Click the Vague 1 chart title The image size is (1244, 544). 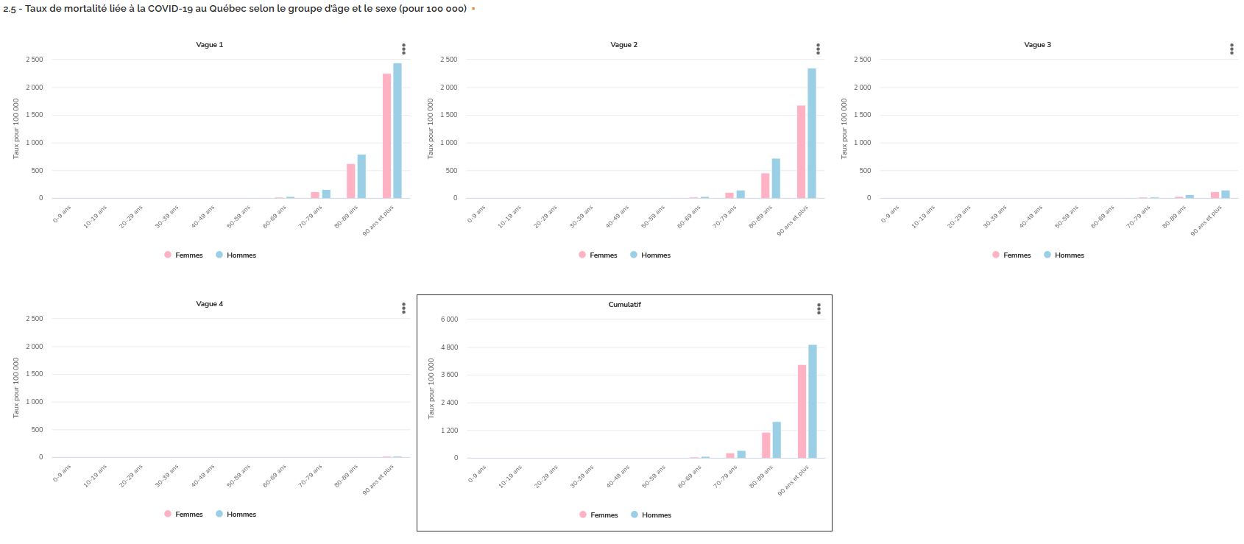(209, 45)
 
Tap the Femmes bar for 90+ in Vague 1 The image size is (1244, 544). (386, 135)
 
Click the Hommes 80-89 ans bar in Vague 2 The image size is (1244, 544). (776, 178)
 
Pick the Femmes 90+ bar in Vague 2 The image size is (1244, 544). (801, 152)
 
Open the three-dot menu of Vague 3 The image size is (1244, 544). (1231, 49)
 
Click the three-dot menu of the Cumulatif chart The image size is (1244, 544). (819, 309)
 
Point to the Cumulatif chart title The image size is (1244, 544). (624, 305)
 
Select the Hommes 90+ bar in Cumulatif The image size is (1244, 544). (813, 401)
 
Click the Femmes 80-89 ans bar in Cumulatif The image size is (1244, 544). (766, 445)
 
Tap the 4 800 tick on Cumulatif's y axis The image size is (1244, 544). (448, 347)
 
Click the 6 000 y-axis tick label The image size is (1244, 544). (448, 319)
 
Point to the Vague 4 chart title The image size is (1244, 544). (209, 304)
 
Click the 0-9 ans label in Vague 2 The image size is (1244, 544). (477, 213)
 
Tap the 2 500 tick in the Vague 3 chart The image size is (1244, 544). (861, 60)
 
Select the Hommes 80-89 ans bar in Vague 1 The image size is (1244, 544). (361, 176)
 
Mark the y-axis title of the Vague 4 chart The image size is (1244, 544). (16, 387)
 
